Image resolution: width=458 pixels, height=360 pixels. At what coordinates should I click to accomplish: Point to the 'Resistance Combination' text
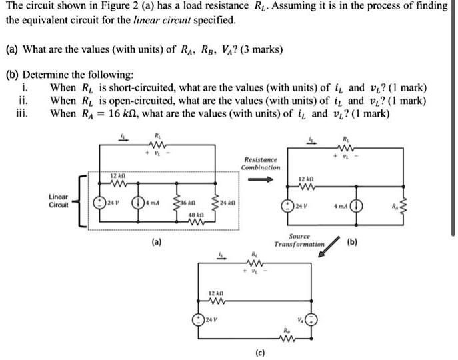click(262, 164)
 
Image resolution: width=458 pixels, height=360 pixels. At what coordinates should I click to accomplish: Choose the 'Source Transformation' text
click(299, 241)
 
